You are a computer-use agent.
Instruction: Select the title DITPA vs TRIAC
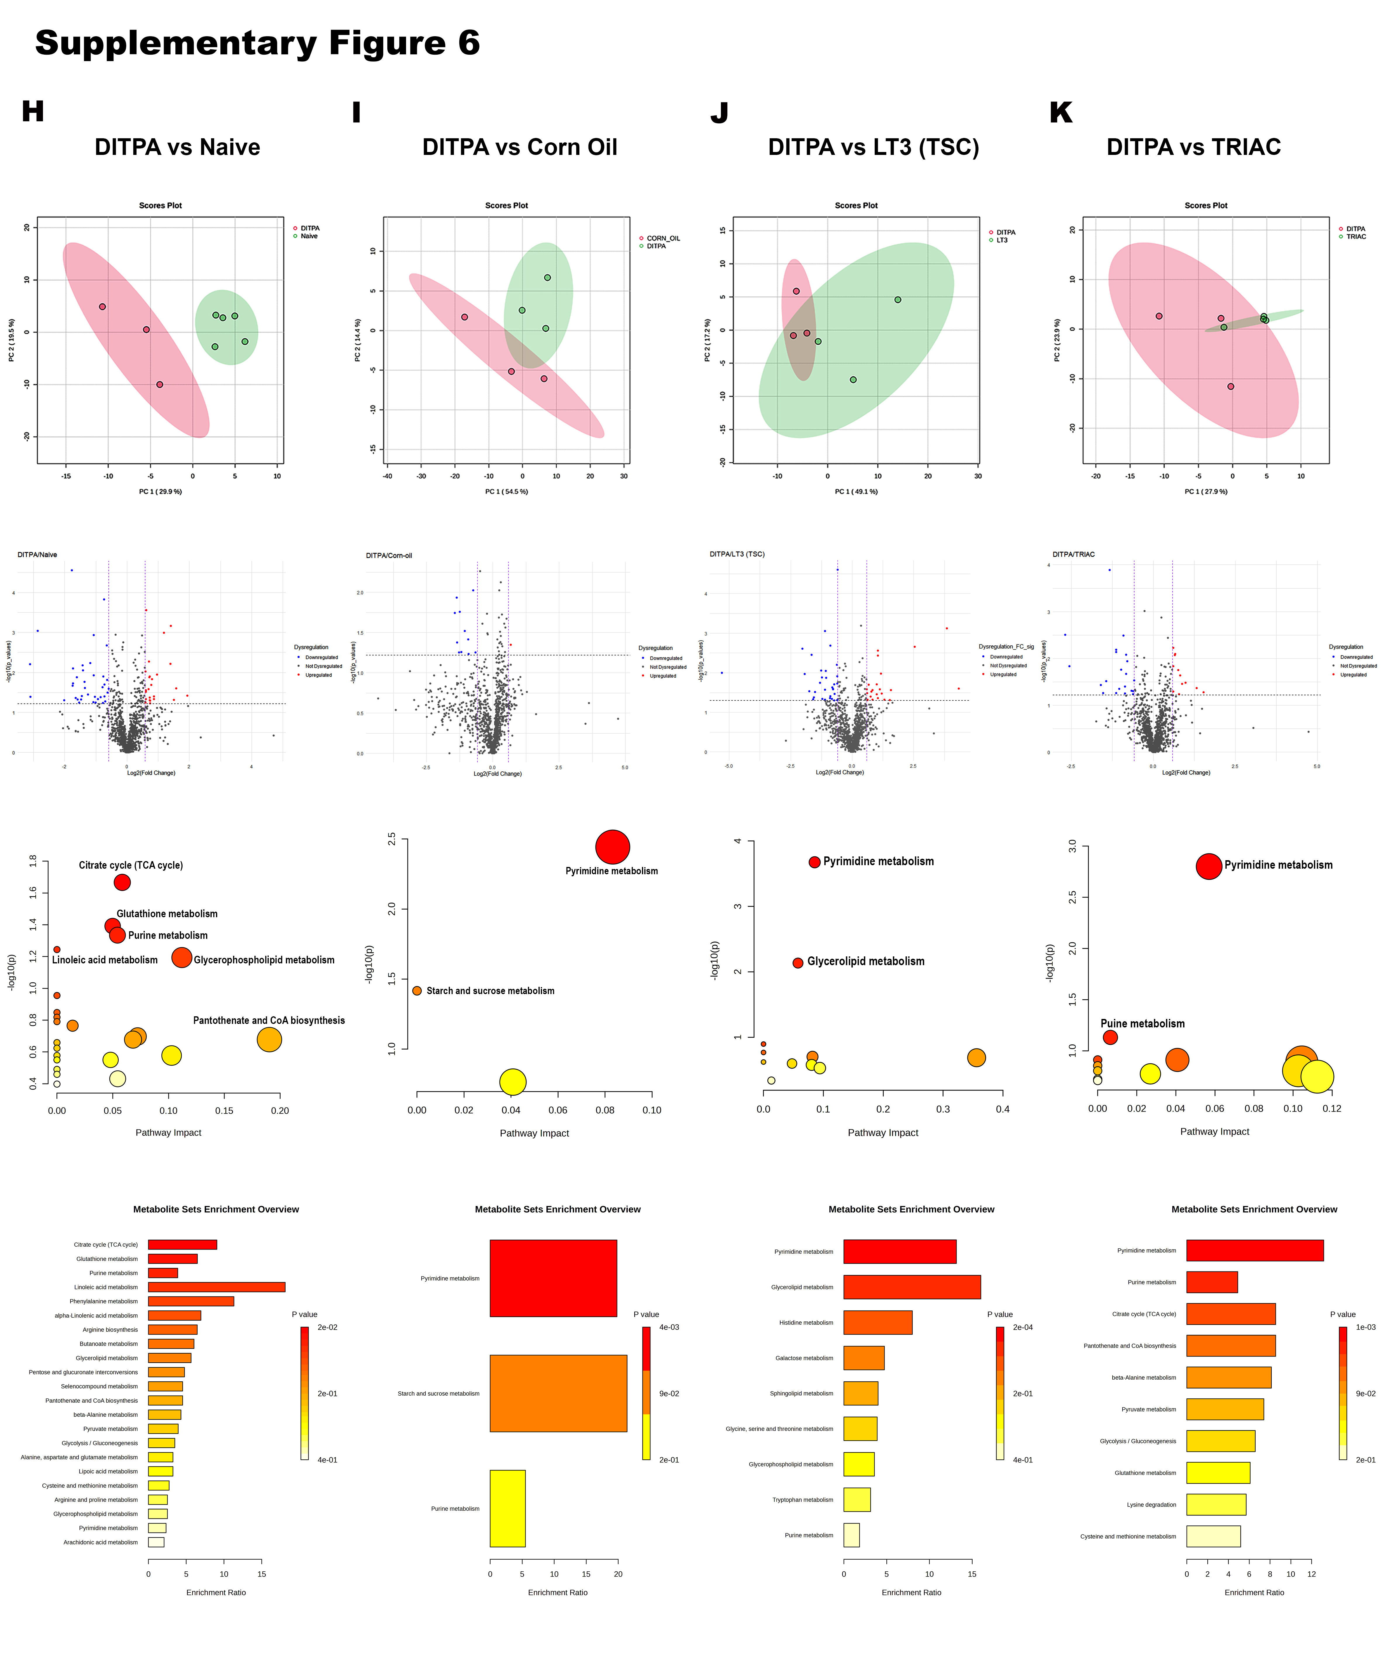pyautogui.click(x=1193, y=148)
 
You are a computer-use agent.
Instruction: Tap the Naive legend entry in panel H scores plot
pyautogui.click(x=308, y=236)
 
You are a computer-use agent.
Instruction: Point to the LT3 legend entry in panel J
pyautogui.click(x=1002, y=240)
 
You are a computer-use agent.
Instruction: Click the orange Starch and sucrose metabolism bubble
pyautogui.click(x=417, y=990)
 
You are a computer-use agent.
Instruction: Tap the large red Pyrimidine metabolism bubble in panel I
pyautogui.click(x=612, y=847)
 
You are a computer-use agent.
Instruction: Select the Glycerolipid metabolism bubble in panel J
pyautogui.click(x=798, y=963)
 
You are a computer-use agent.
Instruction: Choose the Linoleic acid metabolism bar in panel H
pyautogui.click(x=216, y=1287)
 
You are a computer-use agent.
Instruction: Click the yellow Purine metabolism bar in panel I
pyautogui.click(x=507, y=1508)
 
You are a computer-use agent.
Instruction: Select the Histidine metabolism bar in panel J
pyautogui.click(x=878, y=1322)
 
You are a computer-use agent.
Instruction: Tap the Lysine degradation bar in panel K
pyautogui.click(x=1215, y=1504)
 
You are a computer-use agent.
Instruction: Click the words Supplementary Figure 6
pyautogui.click(x=257, y=43)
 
